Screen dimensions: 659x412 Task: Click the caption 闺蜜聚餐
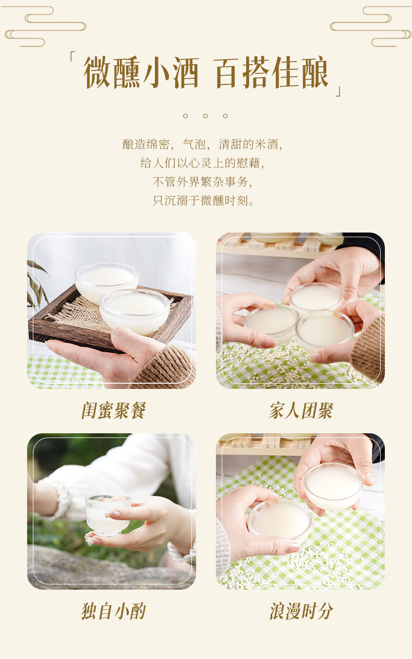click(113, 410)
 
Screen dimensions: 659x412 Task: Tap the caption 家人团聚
click(301, 410)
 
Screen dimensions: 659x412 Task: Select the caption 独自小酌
click(113, 611)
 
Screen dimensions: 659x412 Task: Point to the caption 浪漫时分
click(301, 611)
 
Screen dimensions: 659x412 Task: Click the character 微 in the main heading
click(97, 72)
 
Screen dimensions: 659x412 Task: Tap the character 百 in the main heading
click(229, 72)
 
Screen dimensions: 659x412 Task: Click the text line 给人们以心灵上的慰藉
click(202, 163)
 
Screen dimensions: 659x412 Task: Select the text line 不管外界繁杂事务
click(202, 181)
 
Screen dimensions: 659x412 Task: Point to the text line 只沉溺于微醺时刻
click(203, 200)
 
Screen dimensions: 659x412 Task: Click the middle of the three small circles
click(205, 116)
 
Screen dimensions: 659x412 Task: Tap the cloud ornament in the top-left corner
click(45, 27)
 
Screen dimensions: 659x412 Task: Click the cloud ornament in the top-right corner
click(371, 27)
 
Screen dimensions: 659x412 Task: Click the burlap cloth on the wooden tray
click(78, 313)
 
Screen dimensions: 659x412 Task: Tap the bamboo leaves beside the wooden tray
click(37, 284)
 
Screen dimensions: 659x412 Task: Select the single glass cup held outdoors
click(107, 515)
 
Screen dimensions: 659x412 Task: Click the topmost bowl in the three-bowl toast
click(316, 298)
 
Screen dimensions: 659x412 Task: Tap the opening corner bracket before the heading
click(73, 56)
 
